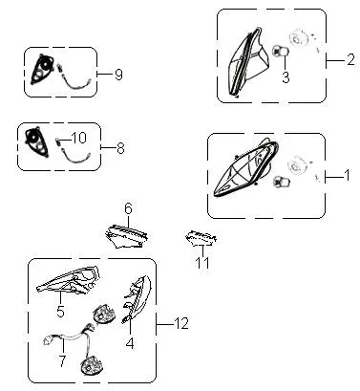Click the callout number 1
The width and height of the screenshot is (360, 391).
(347, 175)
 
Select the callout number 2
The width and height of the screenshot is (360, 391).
(350, 59)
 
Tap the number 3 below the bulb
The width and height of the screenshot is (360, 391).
(286, 77)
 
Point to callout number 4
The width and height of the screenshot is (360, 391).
(130, 343)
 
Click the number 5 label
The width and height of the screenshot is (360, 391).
(60, 311)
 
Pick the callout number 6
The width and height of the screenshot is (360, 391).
(128, 209)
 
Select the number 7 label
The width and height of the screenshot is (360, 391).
(62, 360)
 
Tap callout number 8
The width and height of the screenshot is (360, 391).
(120, 148)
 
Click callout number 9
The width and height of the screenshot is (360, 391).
(118, 75)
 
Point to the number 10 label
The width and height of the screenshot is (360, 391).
(78, 138)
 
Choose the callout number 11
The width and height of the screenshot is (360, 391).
(202, 263)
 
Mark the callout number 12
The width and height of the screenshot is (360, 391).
(181, 323)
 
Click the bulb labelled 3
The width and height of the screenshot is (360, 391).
(281, 51)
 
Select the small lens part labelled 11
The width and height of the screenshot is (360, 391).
(201, 238)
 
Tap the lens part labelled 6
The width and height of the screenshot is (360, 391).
(127, 236)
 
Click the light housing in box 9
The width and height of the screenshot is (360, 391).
(42, 69)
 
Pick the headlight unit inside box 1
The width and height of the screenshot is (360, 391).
(246, 170)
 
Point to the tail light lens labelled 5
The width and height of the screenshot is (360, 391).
(69, 279)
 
